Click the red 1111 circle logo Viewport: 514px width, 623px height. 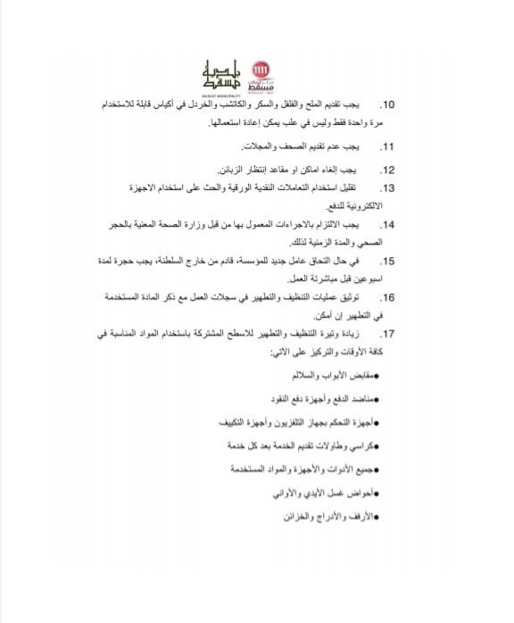(x=261, y=70)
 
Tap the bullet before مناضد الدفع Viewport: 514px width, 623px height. (x=377, y=399)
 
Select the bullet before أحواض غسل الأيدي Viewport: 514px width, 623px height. (x=377, y=493)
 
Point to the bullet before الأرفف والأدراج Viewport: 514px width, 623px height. (x=377, y=516)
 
